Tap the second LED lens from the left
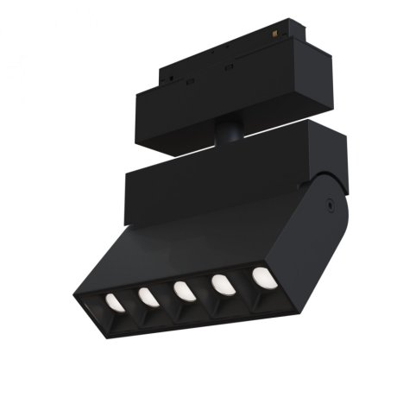tap(148, 296)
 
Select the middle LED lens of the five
tap(184, 290)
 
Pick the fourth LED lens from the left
tap(222, 284)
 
